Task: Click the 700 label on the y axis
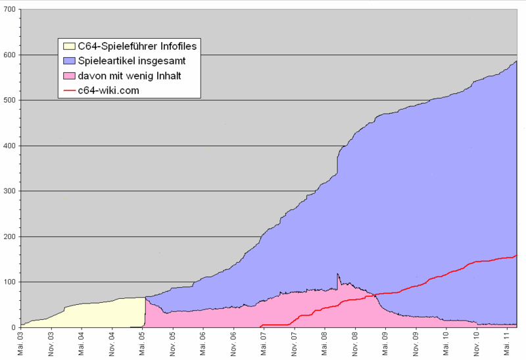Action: [x=9, y=10]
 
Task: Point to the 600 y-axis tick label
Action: [x=9, y=55]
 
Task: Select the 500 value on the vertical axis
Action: [x=9, y=101]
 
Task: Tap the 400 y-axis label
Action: [x=9, y=146]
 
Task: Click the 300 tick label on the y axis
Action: [x=9, y=191]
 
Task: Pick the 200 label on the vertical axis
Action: [x=9, y=236]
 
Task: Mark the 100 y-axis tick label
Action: [x=9, y=282]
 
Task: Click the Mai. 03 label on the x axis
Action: [x=21, y=343]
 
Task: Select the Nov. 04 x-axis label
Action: [x=112, y=343]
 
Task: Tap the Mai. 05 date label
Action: [x=143, y=343]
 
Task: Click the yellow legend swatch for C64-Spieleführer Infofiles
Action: [x=68, y=47]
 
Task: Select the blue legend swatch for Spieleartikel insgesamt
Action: [x=68, y=62]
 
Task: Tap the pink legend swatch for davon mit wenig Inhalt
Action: [x=68, y=76]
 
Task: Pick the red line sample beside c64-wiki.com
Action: [x=68, y=91]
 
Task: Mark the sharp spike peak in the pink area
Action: [x=337, y=274]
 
